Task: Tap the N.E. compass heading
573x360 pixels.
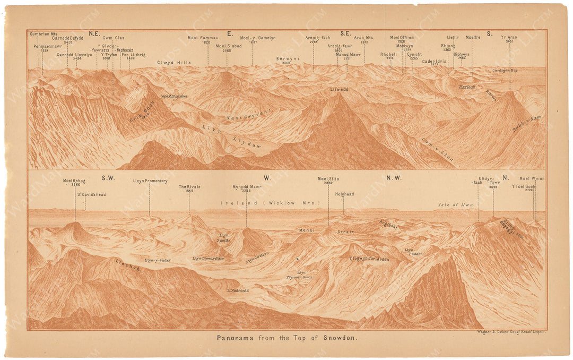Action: tap(94, 33)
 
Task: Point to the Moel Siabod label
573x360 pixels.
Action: tap(228, 46)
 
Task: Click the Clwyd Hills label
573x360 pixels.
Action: tap(173, 62)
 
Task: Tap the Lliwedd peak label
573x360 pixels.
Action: tap(339, 90)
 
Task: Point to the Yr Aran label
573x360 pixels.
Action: tap(509, 38)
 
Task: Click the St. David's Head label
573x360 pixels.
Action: tap(90, 194)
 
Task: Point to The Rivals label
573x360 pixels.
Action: tap(189, 187)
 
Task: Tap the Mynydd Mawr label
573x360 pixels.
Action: tap(246, 187)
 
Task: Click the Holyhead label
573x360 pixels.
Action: tap(344, 194)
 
